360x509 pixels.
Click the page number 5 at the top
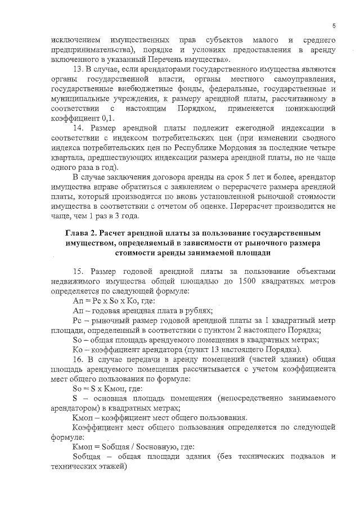pos(334,26)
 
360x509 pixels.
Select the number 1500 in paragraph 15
pos(249,281)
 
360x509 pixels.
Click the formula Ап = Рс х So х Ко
pos(107,301)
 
